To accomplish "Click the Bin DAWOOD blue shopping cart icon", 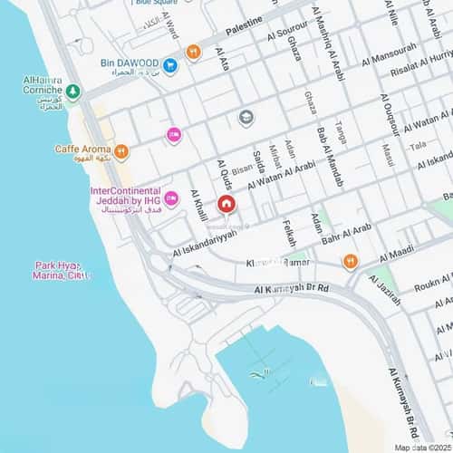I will [169, 63].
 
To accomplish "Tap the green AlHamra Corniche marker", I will [72, 92].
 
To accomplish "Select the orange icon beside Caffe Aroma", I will [121, 149].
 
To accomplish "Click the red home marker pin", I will [226, 204].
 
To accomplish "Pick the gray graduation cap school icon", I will [245, 117].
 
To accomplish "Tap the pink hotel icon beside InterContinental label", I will [170, 198].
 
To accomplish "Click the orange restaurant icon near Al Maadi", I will [351, 262].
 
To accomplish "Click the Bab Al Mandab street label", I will [329, 159].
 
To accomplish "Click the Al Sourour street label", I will [287, 30].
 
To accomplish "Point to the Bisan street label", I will [243, 169].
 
